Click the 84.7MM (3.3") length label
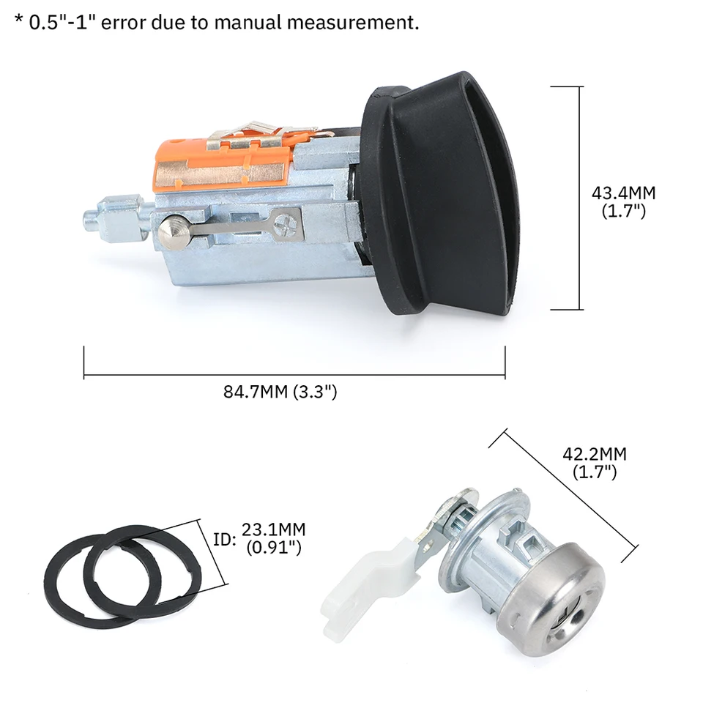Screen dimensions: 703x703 click(x=280, y=392)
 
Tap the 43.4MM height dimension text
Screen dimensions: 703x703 click(x=623, y=194)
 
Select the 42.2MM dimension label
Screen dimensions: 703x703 click(x=594, y=454)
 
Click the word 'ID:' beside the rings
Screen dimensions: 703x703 click(x=223, y=539)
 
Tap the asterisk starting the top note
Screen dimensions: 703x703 click(x=18, y=20)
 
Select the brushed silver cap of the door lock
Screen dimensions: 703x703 click(x=557, y=593)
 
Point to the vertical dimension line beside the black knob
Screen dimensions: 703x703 click(x=581, y=198)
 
